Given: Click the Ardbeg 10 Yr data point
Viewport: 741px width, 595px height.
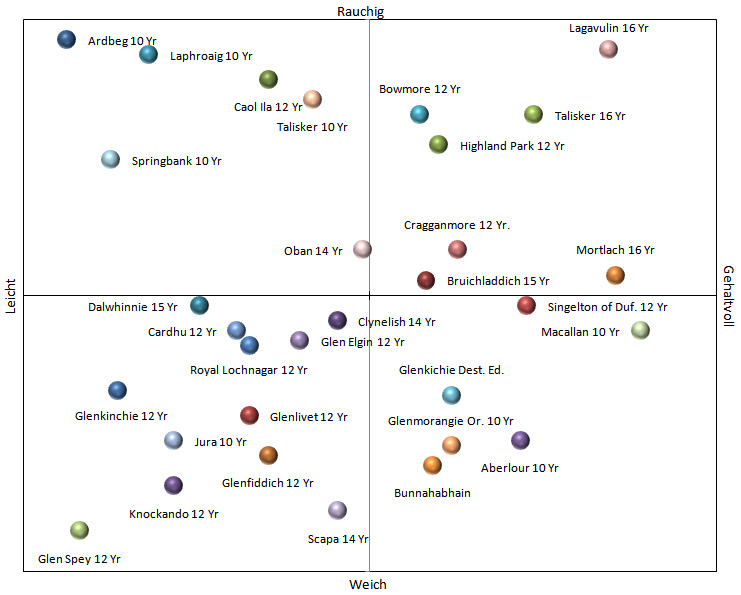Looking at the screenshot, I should pyautogui.click(x=66, y=40).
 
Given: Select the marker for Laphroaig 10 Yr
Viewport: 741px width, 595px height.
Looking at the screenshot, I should pyautogui.click(x=148, y=55).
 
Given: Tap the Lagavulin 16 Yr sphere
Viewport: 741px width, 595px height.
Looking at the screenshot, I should pyautogui.click(x=608, y=49).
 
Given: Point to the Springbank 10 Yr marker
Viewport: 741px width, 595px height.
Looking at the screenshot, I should pyautogui.click(x=111, y=159).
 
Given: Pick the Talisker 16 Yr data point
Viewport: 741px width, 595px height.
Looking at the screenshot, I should pyautogui.click(x=534, y=115).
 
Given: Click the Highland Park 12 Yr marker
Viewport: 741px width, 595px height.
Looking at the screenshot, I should pyautogui.click(x=438, y=145).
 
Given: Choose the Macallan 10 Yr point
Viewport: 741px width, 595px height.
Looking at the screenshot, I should pyautogui.click(x=640, y=330).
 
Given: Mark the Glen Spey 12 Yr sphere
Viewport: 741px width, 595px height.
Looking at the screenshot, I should pyautogui.click(x=79, y=530).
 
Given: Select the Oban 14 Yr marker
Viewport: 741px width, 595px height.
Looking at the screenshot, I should pyautogui.click(x=362, y=249).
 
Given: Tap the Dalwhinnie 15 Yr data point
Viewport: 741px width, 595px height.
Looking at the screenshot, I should pyautogui.click(x=199, y=305).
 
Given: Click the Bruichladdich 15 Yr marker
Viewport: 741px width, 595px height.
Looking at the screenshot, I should pyautogui.click(x=426, y=281).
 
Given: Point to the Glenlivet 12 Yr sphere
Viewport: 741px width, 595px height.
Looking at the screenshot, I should pyautogui.click(x=250, y=415).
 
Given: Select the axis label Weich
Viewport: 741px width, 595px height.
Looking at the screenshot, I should pyautogui.click(x=368, y=584).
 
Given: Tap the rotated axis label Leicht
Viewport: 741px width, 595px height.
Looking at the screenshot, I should pyautogui.click(x=11, y=296).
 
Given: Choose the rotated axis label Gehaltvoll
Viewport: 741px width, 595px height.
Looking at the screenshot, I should pyautogui.click(x=729, y=297).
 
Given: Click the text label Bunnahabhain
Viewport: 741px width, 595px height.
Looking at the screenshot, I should pyautogui.click(x=432, y=493).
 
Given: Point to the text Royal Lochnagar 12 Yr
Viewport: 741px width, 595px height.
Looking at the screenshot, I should pyautogui.click(x=249, y=370).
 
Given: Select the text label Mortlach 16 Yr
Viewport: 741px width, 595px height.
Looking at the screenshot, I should pyautogui.click(x=615, y=250).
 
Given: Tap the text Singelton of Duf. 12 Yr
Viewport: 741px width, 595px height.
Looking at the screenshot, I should pyautogui.click(x=607, y=307).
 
